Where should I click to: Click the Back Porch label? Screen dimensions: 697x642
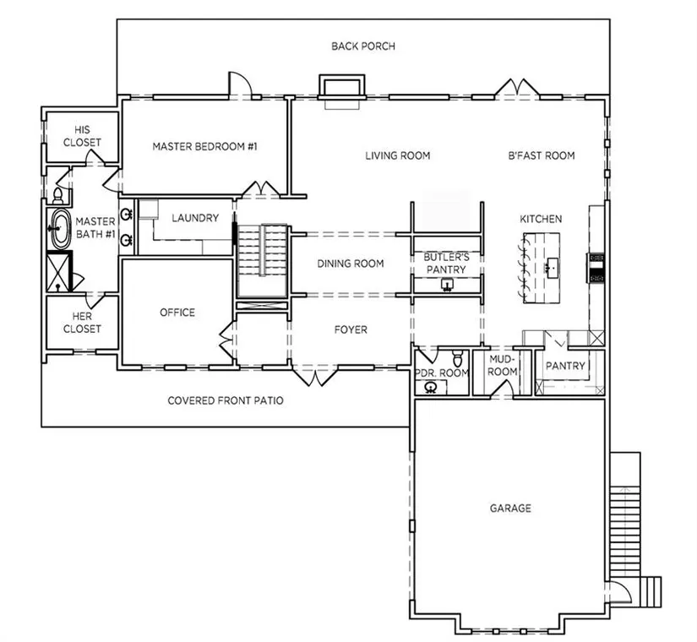pos(363,46)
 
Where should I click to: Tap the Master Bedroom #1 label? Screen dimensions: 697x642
pos(205,146)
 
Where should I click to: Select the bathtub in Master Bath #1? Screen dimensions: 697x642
pos(61,229)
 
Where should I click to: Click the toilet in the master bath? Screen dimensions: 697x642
pos(57,196)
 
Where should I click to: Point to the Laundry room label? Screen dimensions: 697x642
pos(195,218)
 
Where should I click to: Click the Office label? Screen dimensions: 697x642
pos(177,313)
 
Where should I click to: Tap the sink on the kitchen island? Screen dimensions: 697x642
pos(552,268)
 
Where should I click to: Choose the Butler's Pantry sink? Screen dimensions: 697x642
pos(447,285)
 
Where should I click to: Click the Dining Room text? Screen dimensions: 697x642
pos(351,264)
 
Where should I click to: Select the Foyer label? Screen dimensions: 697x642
pos(351,330)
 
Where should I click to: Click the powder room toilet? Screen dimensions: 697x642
pos(457,357)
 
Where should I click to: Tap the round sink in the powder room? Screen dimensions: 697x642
pos(431,388)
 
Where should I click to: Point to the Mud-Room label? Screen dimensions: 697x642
pos(503,365)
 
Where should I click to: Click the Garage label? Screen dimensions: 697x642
pos(510,509)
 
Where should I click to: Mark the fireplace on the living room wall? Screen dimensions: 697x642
pos(342,88)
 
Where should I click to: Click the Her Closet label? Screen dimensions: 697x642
pos(82,323)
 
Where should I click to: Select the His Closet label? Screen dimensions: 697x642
pos(82,136)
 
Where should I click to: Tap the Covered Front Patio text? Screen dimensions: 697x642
pos(226,400)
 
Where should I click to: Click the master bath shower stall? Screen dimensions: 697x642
pos(59,271)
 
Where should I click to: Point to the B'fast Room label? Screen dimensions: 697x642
pos(542,155)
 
